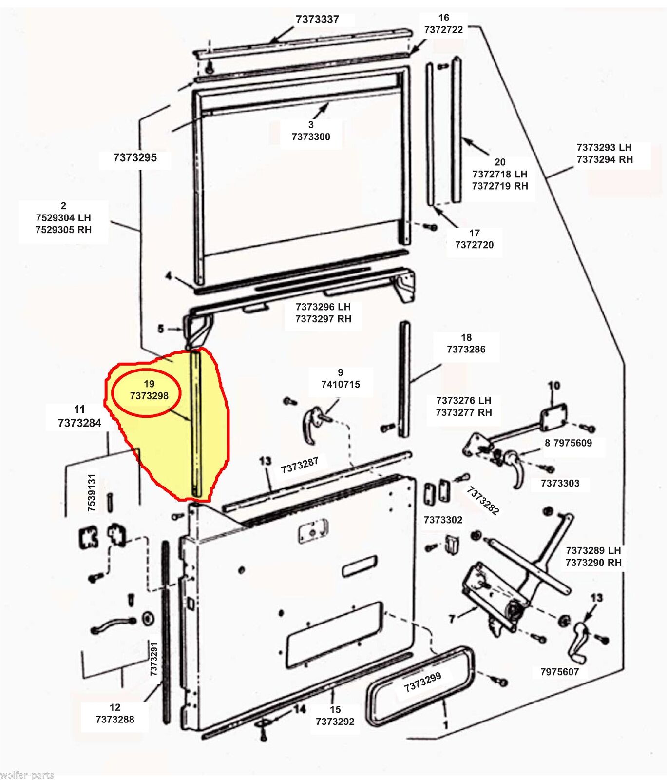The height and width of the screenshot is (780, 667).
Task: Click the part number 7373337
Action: pyautogui.click(x=317, y=19)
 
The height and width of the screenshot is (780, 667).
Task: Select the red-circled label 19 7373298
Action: pyautogui.click(x=149, y=390)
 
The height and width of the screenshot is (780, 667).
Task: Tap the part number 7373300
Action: pyautogui.click(x=311, y=137)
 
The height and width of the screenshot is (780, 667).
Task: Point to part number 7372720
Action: pyautogui.click(x=474, y=245)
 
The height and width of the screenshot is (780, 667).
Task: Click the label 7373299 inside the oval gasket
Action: pyautogui.click(x=422, y=681)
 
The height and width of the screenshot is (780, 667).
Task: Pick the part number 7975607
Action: pyautogui.click(x=559, y=672)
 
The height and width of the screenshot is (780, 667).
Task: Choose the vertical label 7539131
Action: pyautogui.click(x=92, y=492)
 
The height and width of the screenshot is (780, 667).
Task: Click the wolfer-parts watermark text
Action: pyautogui.click(x=27, y=775)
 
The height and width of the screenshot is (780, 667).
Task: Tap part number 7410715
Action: pyautogui.click(x=341, y=384)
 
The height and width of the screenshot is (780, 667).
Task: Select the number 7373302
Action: pyautogui.click(x=443, y=520)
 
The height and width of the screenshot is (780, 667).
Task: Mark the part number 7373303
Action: pyautogui.click(x=560, y=483)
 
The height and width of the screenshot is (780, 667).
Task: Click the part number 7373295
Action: pyautogui.click(x=135, y=157)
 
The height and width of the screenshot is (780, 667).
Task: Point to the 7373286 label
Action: pyautogui.click(x=466, y=349)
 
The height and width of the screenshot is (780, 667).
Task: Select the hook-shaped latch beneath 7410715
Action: pyautogui.click(x=310, y=427)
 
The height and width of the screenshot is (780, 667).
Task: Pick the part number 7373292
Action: pyautogui.click(x=335, y=721)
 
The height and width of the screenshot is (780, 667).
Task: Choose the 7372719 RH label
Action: pyautogui.click(x=500, y=186)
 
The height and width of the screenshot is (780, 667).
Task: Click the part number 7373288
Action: pyautogui.click(x=115, y=719)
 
